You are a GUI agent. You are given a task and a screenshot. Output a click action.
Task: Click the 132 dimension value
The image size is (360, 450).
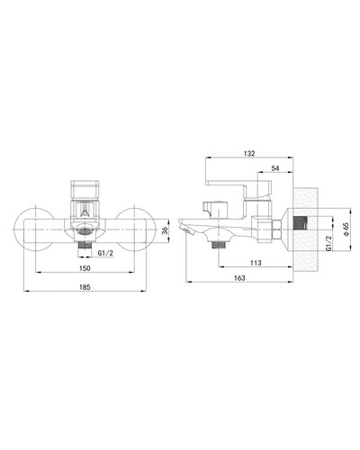[249, 154]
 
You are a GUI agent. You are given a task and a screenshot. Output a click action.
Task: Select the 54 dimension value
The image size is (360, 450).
[275, 168]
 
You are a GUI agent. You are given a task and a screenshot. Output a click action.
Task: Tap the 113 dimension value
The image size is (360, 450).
[256, 263]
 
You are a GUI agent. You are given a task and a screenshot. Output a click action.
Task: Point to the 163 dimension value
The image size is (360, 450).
[239, 278]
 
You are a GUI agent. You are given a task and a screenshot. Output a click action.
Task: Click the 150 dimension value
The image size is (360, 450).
[85, 268]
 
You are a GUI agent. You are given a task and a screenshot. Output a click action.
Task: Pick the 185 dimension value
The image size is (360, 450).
[85, 287]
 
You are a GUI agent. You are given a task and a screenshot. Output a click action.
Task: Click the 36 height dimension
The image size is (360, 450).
[165, 230]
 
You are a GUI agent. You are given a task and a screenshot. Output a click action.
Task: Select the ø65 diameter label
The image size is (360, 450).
[346, 229]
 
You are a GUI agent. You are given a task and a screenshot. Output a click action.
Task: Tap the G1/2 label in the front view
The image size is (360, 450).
[105, 253]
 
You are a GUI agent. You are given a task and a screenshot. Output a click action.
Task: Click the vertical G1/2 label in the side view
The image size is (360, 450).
[328, 243]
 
